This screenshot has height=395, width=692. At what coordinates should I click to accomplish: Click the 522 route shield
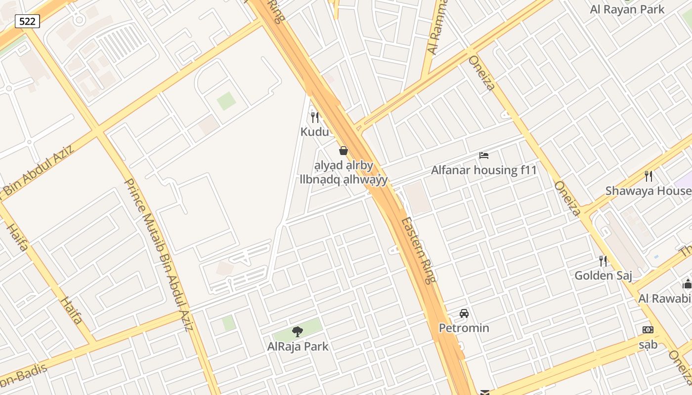(27, 21)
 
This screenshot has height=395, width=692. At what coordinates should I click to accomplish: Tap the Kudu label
(315, 132)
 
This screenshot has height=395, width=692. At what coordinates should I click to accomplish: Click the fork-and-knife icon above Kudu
(315, 118)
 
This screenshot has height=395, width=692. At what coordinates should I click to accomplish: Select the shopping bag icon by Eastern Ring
(344, 151)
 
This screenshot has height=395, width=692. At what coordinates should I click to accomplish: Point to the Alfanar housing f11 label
(484, 170)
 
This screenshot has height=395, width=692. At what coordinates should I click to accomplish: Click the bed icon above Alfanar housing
(484, 156)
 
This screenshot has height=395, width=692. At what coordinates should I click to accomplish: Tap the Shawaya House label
(648, 191)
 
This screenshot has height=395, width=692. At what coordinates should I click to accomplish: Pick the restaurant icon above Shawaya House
(649, 176)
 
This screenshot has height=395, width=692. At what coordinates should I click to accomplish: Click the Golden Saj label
(603, 276)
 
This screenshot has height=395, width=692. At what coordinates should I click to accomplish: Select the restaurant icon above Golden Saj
(603, 261)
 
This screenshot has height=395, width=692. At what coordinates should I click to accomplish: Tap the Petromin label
(464, 328)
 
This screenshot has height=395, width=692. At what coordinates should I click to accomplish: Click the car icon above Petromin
(464, 314)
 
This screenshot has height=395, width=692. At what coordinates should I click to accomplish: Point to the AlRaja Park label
(298, 346)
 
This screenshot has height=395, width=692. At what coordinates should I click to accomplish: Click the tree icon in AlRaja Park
(298, 332)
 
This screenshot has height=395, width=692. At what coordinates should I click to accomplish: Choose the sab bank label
(648, 344)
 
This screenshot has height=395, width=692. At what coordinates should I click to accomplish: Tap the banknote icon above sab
(648, 330)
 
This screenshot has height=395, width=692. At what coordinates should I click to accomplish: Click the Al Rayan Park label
(627, 9)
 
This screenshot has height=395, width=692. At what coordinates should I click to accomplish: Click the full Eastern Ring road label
(418, 250)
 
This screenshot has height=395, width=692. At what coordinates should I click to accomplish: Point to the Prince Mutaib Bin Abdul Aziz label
(158, 254)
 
